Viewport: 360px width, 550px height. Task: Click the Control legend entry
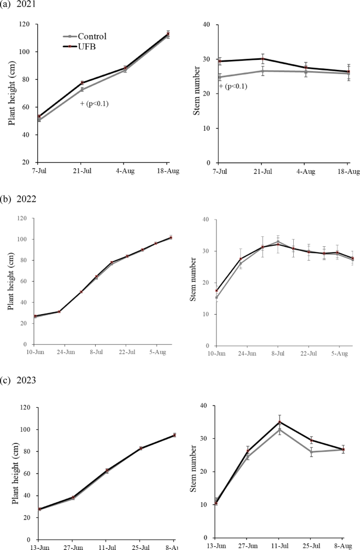[92, 36]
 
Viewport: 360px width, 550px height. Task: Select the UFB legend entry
[87, 46]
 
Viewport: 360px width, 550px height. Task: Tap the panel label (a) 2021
[19, 5]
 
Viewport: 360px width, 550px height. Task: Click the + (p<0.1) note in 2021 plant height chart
[95, 103]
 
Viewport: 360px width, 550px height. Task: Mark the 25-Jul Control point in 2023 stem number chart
[311, 452]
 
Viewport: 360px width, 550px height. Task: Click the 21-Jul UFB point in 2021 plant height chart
[81, 82]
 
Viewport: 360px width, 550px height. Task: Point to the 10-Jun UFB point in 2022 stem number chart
[217, 290]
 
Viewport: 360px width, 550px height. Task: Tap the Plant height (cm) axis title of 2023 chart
[14, 473]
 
